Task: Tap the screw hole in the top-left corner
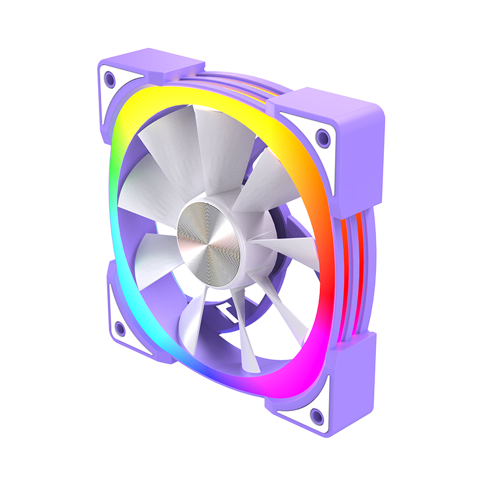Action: [x=109, y=77]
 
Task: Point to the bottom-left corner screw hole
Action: [x=119, y=328]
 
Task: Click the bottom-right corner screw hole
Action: [x=316, y=414]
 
